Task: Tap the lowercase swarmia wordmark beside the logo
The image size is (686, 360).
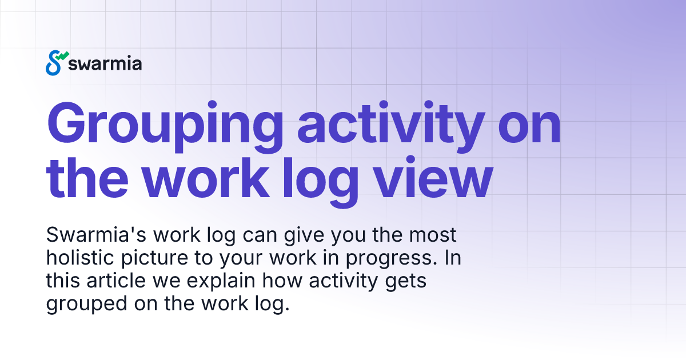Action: pos(105,63)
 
